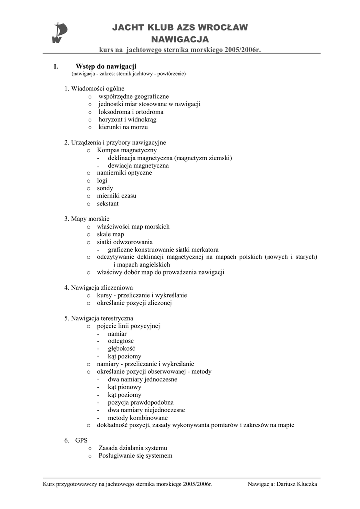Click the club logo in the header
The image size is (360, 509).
click(x=59, y=34)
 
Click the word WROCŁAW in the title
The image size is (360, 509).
click(x=222, y=28)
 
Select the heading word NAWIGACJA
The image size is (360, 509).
click(x=180, y=39)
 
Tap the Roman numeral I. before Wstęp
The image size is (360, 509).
click(x=56, y=66)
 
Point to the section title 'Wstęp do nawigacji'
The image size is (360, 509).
click(x=106, y=66)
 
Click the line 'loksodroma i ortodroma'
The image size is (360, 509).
click(x=131, y=112)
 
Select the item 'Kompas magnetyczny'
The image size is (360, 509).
click(x=127, y=150)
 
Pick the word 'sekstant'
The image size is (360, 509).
click(x=108, y=203)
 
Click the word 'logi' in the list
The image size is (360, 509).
click(x=102, y=180)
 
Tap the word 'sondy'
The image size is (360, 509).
click(x=105, y=188)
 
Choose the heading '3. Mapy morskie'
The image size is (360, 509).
click(x=87, y=219)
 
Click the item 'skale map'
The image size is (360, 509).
click(x=111, y=234)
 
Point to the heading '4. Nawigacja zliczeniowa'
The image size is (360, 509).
click(x=98, y=287)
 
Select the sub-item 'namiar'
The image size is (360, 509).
click(x=117, y=334)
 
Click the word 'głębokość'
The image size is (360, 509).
click(x=121, y=348)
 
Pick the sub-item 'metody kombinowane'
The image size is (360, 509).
click(x=137, y=418)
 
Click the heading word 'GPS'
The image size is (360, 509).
click(x=81, y=440)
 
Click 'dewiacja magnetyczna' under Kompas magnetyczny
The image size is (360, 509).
click(x=138, y=165)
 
